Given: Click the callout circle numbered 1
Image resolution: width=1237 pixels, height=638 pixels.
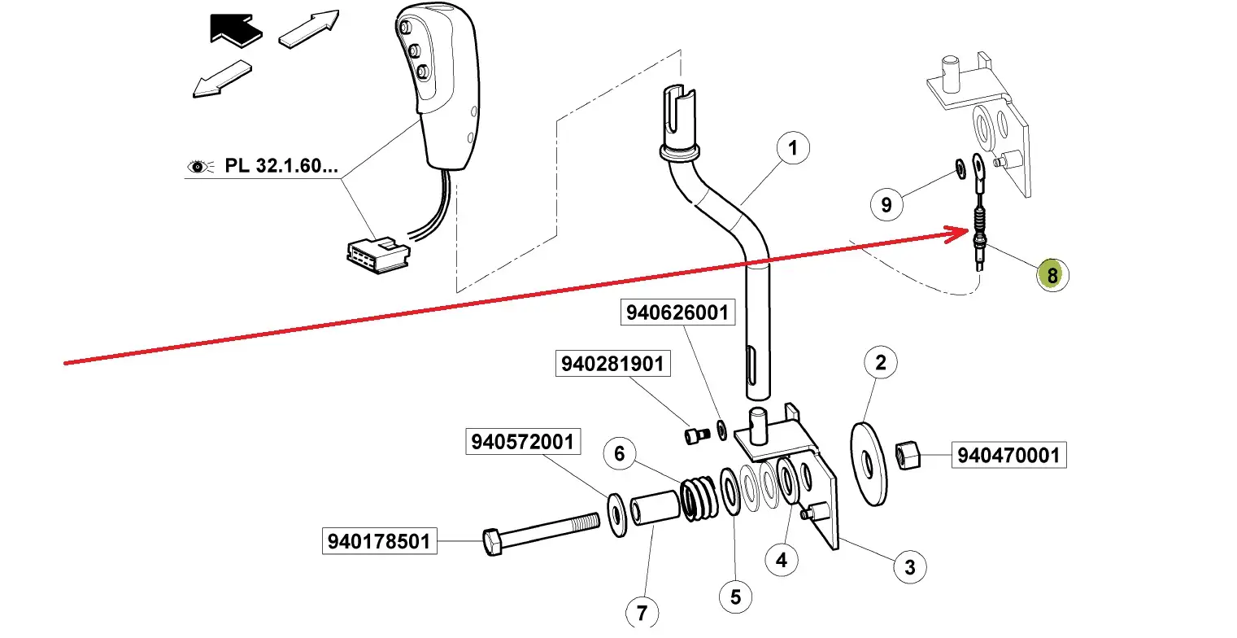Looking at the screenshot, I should click(794, 149).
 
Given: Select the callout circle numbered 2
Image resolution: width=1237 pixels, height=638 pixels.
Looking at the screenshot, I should click(880, 363).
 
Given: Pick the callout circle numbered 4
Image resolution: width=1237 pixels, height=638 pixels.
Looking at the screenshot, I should click(782, 560).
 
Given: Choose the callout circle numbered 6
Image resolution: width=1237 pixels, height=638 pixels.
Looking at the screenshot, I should click(620, 453).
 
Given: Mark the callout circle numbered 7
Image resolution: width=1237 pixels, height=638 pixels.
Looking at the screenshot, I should click(642, 610).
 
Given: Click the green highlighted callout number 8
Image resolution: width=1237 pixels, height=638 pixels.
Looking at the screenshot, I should click(1052, 276).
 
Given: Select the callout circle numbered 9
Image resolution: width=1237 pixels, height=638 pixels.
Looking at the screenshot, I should click(886, 204).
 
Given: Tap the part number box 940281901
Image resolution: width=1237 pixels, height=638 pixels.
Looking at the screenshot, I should click(612, 364).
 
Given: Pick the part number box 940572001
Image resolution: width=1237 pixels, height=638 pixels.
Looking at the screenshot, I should click(521, 442).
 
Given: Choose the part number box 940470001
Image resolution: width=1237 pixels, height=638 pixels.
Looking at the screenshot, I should click(1008, 455).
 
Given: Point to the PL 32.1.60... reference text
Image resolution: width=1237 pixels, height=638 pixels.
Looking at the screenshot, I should click(281, 168).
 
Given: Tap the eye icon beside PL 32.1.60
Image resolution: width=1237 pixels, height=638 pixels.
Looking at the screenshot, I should click(198, 168).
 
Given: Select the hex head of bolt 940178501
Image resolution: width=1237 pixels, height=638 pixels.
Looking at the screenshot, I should click(492, 542).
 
